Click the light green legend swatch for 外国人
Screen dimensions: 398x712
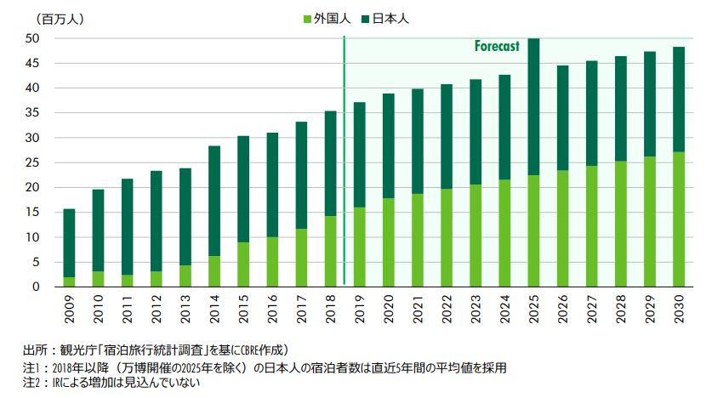tap(309, 18)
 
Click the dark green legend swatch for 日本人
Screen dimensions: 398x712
tap(367, 18)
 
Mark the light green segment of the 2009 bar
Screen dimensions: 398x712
tap(70, 281)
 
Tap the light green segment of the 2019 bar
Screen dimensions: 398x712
tap(360, 247)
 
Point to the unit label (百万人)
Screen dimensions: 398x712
tap(37, 18)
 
